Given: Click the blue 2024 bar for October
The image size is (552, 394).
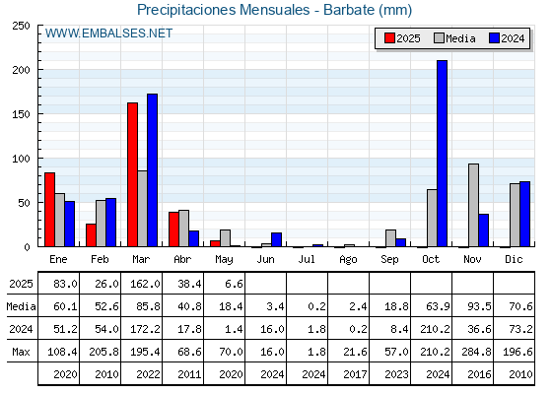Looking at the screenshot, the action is tap(442, 154).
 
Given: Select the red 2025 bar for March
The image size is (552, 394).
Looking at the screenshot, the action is tap(133, 174).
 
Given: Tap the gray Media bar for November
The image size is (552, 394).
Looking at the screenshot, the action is tap(473, 205).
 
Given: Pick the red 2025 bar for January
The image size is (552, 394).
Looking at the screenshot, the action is tap(49, 210).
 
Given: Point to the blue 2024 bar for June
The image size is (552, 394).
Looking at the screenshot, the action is tap(276, 239).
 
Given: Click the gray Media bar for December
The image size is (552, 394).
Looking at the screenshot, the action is tap(515, 215).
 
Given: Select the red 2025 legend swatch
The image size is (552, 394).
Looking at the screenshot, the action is tap(389, 38).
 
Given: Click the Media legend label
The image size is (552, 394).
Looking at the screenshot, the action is tap(460, 38).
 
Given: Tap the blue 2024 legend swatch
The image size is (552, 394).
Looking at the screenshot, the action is tap(494, 38).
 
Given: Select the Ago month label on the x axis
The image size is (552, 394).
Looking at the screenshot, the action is tap(348, 260).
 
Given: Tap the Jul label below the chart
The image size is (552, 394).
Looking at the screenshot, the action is tap(307, 259).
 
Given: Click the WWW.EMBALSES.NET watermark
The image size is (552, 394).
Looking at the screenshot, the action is tap(108, 33).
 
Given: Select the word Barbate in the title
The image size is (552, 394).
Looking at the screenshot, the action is tap(349, 10).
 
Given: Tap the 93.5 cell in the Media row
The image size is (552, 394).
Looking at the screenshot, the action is tap(479, 306).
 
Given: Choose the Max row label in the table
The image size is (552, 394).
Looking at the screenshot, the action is tap(21, 352).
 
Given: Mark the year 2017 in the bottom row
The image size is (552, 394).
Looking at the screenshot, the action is tap(355, 374).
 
